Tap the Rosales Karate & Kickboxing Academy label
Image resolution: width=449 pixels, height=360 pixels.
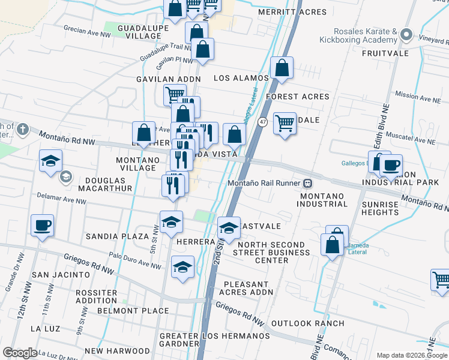(364, 35)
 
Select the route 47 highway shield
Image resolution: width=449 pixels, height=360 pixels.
(262, 122)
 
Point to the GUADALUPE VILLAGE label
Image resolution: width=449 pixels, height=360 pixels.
(139, 32)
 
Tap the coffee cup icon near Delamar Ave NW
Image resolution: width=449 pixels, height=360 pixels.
(43, 226)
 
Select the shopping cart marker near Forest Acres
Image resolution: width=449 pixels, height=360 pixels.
(285, 124)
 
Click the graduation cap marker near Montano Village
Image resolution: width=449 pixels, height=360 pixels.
(51, 160)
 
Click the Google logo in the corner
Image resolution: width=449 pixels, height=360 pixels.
(20, 352)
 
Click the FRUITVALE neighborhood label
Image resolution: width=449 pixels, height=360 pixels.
(385, 53)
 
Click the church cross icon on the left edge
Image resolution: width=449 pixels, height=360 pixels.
(22, 129)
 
